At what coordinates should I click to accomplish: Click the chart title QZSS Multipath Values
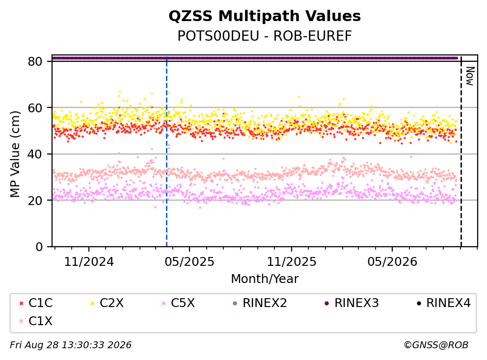(265, 16)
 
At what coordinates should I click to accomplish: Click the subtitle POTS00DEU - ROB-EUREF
(265, 36)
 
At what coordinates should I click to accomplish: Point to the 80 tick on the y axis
(35, 61)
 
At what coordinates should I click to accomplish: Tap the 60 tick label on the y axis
(35, 108)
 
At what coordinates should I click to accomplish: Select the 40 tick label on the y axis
(35, 154)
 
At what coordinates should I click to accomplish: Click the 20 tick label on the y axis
(35, 200)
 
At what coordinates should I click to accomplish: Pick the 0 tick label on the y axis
(39, 247)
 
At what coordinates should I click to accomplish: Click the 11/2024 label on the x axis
(89, 262)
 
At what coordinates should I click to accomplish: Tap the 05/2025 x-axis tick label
(189, 262)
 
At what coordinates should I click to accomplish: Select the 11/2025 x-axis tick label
(292, 262)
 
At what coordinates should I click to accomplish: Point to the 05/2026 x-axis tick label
(392, 262)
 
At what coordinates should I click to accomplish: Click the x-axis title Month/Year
(265, 279)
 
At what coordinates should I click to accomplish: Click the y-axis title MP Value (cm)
(15, 154)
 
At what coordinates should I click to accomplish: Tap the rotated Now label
(470, 76)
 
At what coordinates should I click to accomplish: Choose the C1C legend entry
(36, 303)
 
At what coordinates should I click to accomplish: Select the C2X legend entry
(107, 303)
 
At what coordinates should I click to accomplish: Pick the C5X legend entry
(178, 303)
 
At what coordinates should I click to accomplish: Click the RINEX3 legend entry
(352, 303)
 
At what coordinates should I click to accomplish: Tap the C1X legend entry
(36, 321)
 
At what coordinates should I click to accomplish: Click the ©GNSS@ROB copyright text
(436, 345)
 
